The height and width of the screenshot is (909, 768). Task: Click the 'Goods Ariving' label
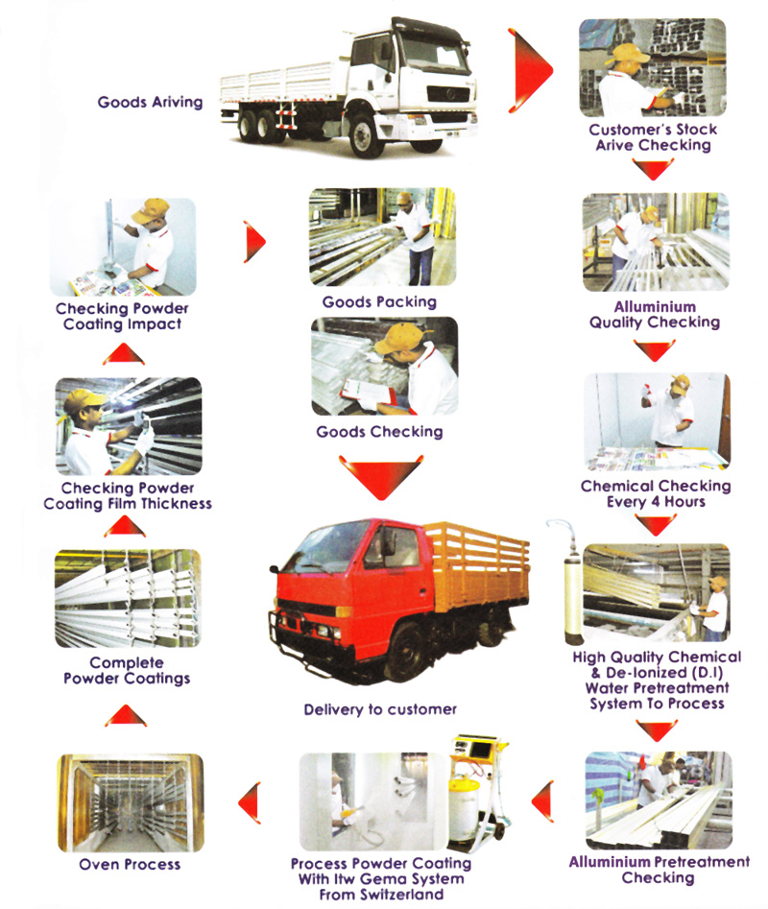point(151,102)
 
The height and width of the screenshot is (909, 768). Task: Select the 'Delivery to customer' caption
point(380,709)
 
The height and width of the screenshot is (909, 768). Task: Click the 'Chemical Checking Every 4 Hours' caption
point(656,493)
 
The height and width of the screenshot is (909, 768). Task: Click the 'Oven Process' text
point(130,864)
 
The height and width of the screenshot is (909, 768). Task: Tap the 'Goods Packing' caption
point(379,301)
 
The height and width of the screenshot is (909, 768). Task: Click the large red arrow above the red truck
point(380,476)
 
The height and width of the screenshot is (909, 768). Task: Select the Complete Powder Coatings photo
point(128,597)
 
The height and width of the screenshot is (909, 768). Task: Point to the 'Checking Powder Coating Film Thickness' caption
point(128,495)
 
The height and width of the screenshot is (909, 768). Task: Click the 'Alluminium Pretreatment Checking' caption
point(659,870)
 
